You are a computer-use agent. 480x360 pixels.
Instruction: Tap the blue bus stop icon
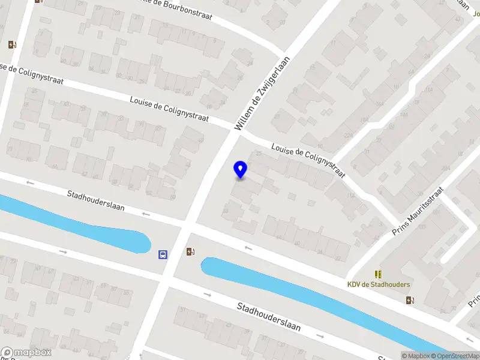click(163, 254)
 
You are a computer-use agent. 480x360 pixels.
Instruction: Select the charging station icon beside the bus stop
click(190, 252)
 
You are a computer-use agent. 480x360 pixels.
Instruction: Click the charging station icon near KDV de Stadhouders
click(410, 300)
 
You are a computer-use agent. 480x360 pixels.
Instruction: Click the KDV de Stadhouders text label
click(379, 284)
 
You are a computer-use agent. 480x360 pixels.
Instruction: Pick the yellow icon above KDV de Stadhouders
click(378, 274)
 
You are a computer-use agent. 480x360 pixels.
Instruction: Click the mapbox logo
click(26, 353)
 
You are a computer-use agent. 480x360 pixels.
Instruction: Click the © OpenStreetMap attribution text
click(454, 356)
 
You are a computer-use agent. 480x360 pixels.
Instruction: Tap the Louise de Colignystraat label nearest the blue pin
click(308, 160)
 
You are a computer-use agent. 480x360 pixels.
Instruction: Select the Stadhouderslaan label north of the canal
click(96, 200)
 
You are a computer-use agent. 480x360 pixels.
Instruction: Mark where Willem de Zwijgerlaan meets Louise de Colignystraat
click(235, 133)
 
